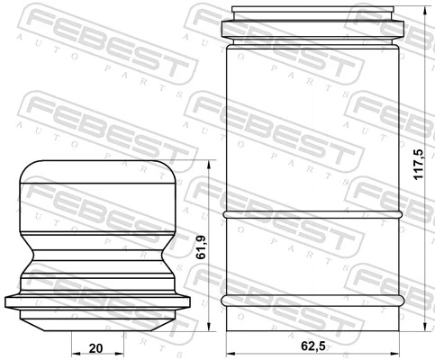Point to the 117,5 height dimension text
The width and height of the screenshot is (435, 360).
pyautogui.click(x=417, y=167)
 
